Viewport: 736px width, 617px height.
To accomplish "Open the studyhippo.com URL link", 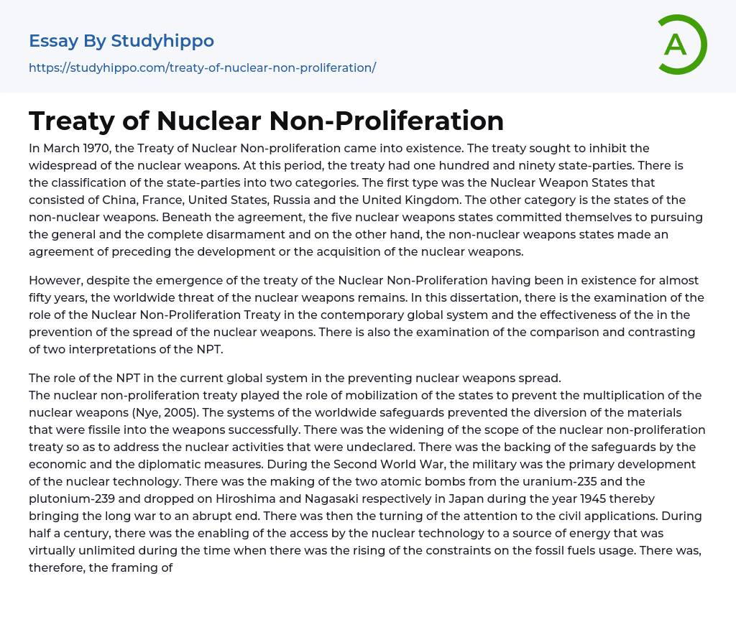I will click(x=202, y=68).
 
